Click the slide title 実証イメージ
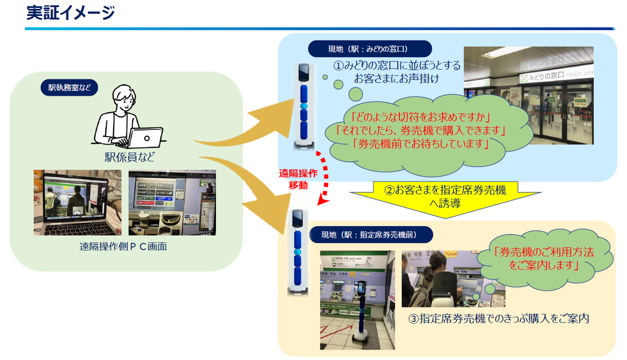point(70,13)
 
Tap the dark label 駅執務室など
point(69,87)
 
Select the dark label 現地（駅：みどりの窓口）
point(369,48)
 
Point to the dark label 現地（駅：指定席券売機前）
point(370,234)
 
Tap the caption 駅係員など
point(130,157)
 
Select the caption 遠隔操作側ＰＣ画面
point(123,246)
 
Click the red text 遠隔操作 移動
point(298,179)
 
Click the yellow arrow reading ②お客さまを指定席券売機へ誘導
point(444,196)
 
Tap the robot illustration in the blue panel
point(303,106)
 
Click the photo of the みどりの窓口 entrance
point(528,95)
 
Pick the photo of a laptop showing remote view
point(77,202)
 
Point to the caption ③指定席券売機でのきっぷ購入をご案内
point(498,318)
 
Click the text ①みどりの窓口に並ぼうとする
point(397,65)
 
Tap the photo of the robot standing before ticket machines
point(357,299)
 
